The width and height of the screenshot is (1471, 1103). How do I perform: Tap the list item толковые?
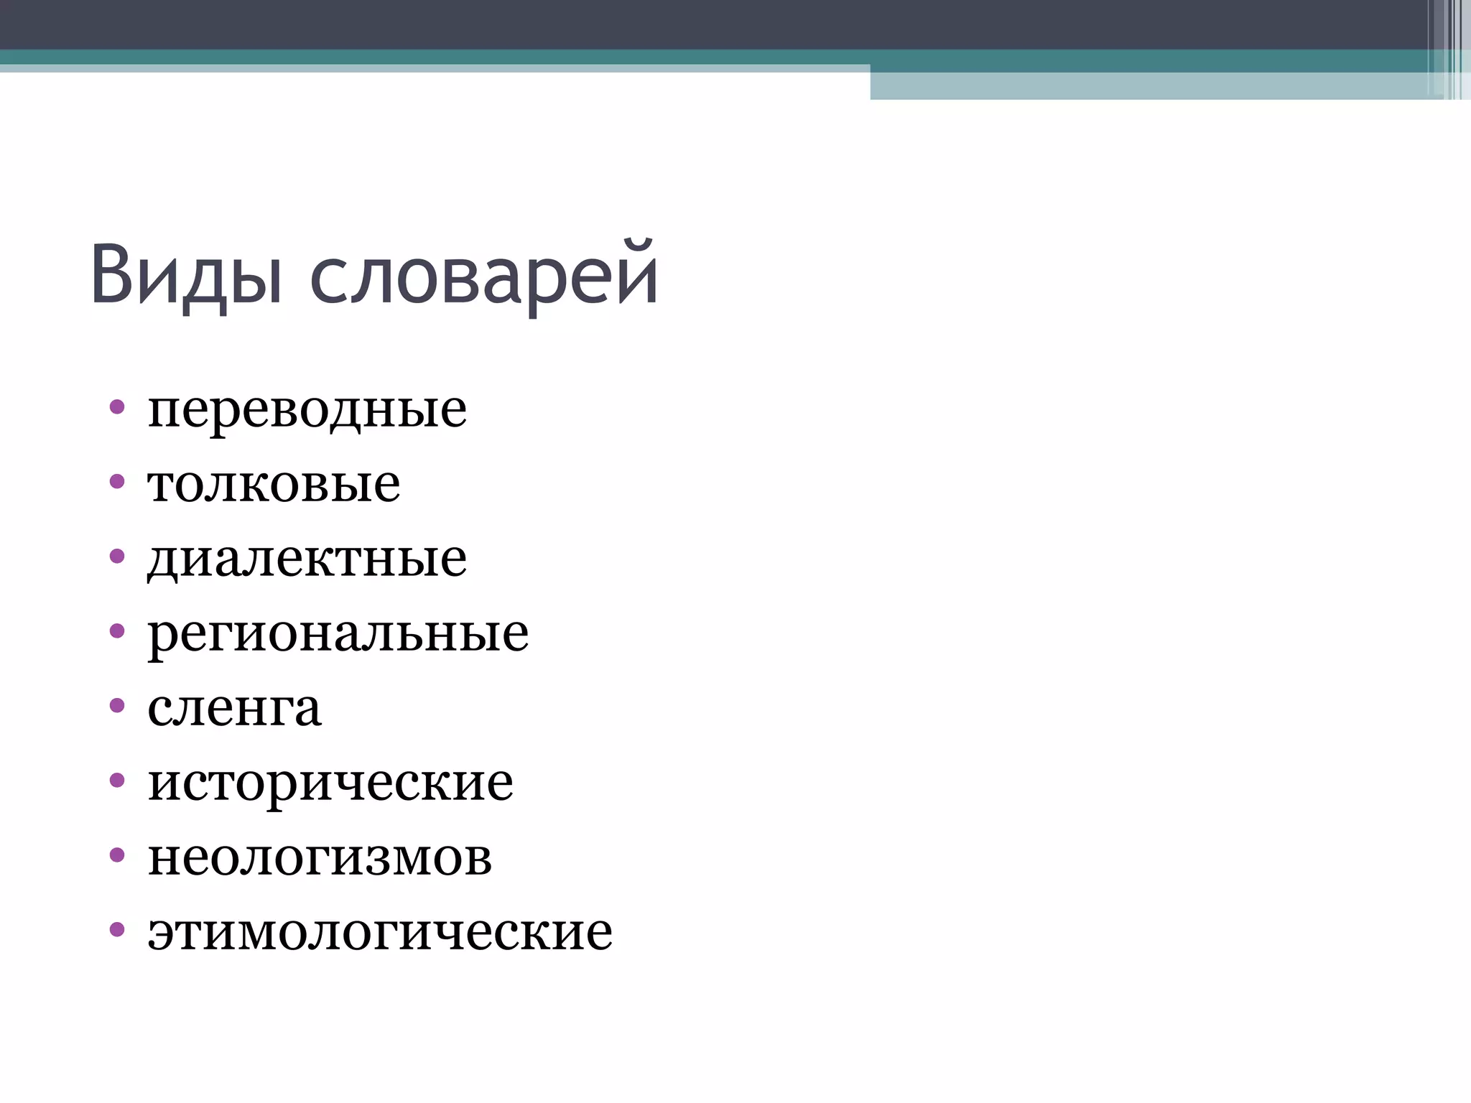pyautogui.click(x=274, y=485)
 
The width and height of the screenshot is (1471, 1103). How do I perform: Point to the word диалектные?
pyautogui.click(x=307, y=559)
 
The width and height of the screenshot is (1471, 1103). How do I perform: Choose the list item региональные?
pyautogui.click(x=338, y=634)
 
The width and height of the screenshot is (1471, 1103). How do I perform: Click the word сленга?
pyautogui.click(x=234, y=709)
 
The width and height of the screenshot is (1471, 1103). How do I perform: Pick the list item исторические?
pyautogui.click(x=330, y=783)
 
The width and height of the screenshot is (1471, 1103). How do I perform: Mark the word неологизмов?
pyautogui.click(x=320, y=857)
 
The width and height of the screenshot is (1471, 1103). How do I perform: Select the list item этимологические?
pyautogui.click(x=380, y=932)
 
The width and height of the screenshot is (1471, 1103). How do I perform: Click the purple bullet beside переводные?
pyautogui.click(x=117, y=407)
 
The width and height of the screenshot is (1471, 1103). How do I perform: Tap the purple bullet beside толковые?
pyautogui.click(x=117, y=481)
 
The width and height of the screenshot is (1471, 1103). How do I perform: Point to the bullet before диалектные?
pyautogui.click(x=117, y=556)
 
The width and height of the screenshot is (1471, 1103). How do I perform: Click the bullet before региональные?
pyautogui.click(x=117, y=630)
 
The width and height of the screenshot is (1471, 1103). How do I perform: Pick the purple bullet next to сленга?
pyautogui.click(x=117, y=705)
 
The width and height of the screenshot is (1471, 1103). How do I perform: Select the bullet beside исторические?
pyautogui.click(x=117, y=780)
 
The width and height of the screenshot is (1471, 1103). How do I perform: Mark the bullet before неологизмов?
pyautogui.click(x=117, y=855)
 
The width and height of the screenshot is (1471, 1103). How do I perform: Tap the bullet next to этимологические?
pyautogui.click(x=117, y=929)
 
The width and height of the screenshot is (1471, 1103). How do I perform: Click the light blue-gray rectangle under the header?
pyautogui.click(x=1149, y=86)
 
